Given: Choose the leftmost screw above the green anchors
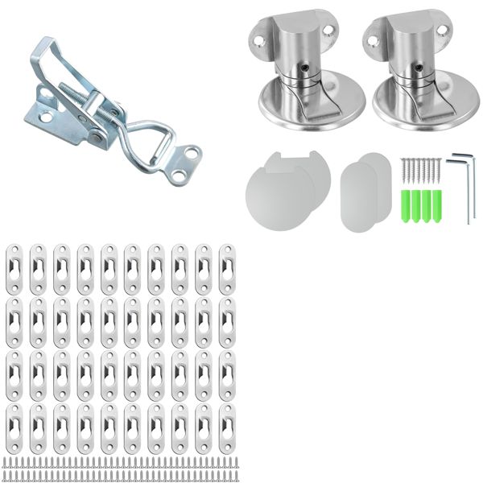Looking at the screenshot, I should click(x=403, y=171).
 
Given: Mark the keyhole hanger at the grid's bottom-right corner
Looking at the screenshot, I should click(x=227, y=423).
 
